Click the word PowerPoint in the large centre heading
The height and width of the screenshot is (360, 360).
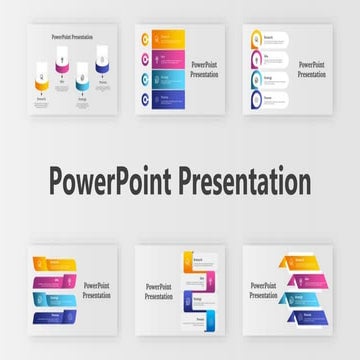[x=109, y=183]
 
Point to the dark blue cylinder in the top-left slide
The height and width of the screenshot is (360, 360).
[x=102, y=69]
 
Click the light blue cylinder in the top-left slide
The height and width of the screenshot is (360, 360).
[x=82, y=84]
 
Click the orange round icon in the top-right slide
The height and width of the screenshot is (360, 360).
[x=256, y=40]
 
